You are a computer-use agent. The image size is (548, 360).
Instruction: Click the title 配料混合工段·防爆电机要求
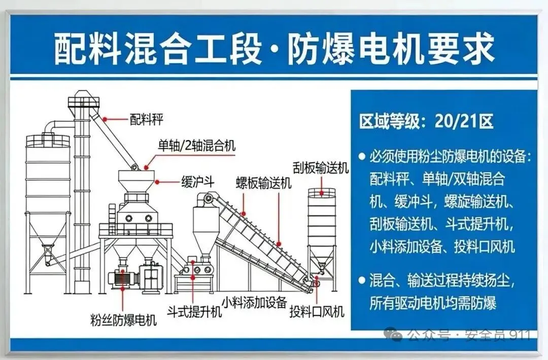tap(274, 49)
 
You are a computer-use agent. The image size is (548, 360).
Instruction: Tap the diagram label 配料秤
tap(146, 120)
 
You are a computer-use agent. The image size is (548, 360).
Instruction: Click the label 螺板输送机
tap(263, 183)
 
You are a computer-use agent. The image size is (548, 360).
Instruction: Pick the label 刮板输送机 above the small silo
tap(320, 168)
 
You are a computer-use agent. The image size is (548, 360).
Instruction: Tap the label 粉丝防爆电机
tap(123, 320)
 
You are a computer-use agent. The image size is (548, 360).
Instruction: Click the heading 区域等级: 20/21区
tap(426, 122)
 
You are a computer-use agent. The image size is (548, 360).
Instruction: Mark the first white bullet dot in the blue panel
tap(361, 157)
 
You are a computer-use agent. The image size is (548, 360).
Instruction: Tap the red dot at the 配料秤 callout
tap(105, 119)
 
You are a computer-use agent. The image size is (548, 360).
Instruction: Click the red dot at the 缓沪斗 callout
tap(157, 181)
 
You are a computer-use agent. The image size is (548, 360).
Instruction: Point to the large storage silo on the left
tap(48, 193)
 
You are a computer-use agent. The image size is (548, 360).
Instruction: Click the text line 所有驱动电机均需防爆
tap(433, 303)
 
